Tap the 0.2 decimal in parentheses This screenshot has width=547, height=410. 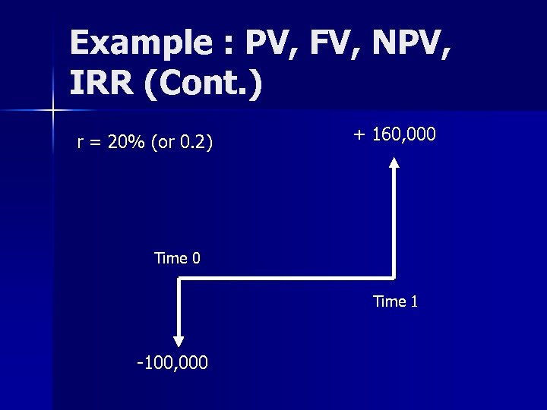click(194, 142)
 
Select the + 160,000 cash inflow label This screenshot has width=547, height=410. click(394, 134)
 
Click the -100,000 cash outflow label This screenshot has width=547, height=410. click(172, 363)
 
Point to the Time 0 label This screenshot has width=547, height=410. click(177, 258)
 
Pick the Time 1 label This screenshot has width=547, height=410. click(395, 301)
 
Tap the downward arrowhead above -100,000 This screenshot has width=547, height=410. click(179, 341)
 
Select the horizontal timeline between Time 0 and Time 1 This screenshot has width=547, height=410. click(286, 279)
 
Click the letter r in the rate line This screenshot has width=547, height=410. click(81, 143)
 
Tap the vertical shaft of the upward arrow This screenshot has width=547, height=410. click(394, 220)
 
